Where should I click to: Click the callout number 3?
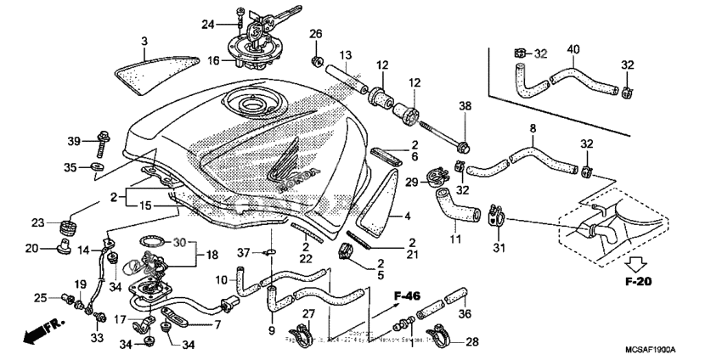[x=144, y=41]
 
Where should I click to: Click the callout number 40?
[x=573, y=50]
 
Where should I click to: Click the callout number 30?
[x=179, y=242]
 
